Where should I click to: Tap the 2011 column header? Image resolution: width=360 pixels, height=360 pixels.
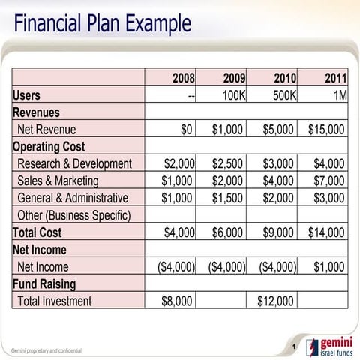334,78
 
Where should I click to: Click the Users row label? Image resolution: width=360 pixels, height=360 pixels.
27,95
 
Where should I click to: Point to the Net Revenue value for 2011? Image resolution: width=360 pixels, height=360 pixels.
326,129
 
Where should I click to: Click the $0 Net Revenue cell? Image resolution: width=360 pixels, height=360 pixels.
187,129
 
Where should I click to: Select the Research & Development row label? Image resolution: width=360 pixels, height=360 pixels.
74,163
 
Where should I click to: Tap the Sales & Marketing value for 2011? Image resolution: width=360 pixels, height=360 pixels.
329,181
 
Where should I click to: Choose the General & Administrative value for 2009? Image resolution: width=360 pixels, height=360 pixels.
227,198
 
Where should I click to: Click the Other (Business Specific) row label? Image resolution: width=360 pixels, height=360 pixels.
73,215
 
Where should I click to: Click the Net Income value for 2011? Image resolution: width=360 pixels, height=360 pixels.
329,267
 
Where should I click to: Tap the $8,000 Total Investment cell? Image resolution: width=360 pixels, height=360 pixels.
177,301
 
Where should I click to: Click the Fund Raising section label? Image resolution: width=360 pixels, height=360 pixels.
44,284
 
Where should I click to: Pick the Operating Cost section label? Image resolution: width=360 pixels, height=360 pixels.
49,146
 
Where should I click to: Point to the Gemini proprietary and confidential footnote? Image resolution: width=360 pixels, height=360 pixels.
46,350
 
